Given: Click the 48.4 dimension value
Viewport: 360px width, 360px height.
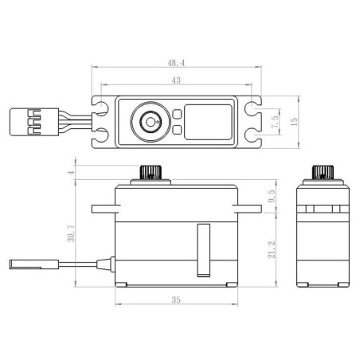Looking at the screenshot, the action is (x=176, y=63).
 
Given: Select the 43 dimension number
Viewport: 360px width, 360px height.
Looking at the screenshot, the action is (x=176, y=80).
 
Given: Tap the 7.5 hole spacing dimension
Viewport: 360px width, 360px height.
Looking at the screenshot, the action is (x=276, y=122).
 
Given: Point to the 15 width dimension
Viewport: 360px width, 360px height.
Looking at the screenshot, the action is (x=294, y=122).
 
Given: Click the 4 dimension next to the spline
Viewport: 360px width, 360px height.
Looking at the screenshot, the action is (x=71, y=173).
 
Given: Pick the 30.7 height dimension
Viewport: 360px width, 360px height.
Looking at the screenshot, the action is (x=71, y=233).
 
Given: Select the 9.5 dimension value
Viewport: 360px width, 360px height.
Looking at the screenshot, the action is (x=272, y=196).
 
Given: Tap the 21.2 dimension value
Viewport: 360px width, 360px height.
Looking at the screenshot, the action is (x=272, y=250).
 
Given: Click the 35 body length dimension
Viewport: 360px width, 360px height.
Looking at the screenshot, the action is (x=176, y=299).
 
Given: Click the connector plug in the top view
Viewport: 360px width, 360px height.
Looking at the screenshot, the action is (x=34, y=122).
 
